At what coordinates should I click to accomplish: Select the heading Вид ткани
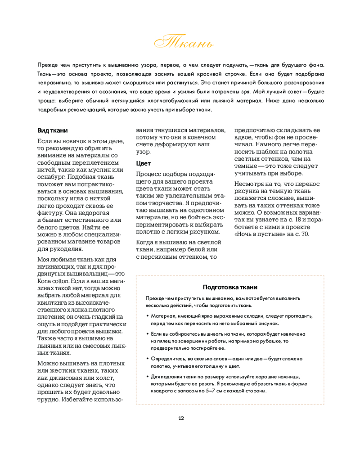point(53,130)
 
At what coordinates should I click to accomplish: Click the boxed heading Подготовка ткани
point(230,288)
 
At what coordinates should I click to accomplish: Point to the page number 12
point(181,418)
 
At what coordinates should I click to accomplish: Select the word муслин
point(99,169)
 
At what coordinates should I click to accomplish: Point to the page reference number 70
point(306,234)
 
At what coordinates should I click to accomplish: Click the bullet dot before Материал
point(148,316)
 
